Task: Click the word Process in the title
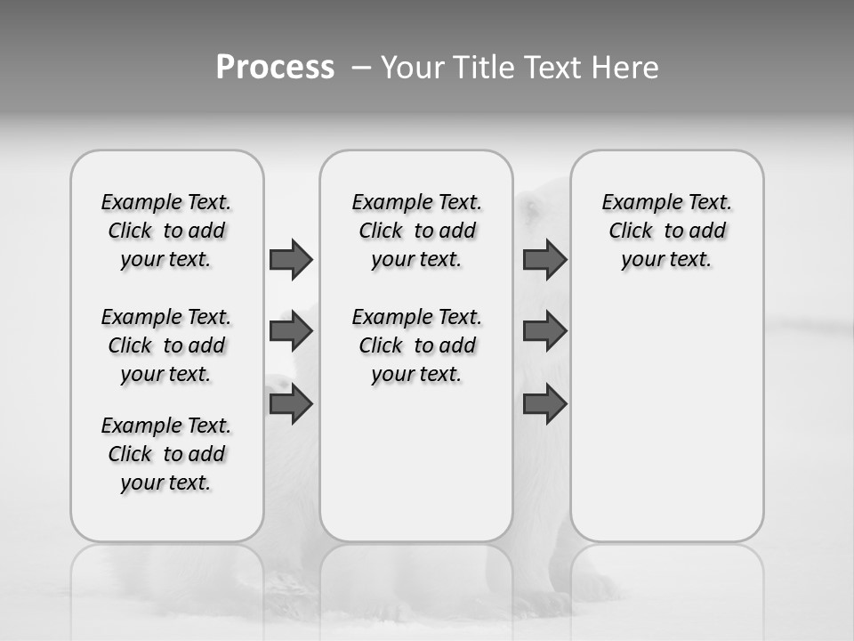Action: (275, 67)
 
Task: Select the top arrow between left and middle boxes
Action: (291, 259)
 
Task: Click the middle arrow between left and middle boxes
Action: (291, 331)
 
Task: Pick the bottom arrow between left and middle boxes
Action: (291, 404)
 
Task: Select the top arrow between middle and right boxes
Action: (544, 259)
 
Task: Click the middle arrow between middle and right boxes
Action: (544, 331)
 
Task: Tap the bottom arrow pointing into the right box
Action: (544, 404)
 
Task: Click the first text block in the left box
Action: (166, 231)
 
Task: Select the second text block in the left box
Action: (166, 345)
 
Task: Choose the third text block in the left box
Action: (166, 454)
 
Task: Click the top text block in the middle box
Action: (416, 231)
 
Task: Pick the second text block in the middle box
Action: (416, 345)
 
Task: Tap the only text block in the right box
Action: (667, 231)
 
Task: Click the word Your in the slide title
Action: (413, 67)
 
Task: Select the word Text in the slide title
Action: (553, 67)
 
